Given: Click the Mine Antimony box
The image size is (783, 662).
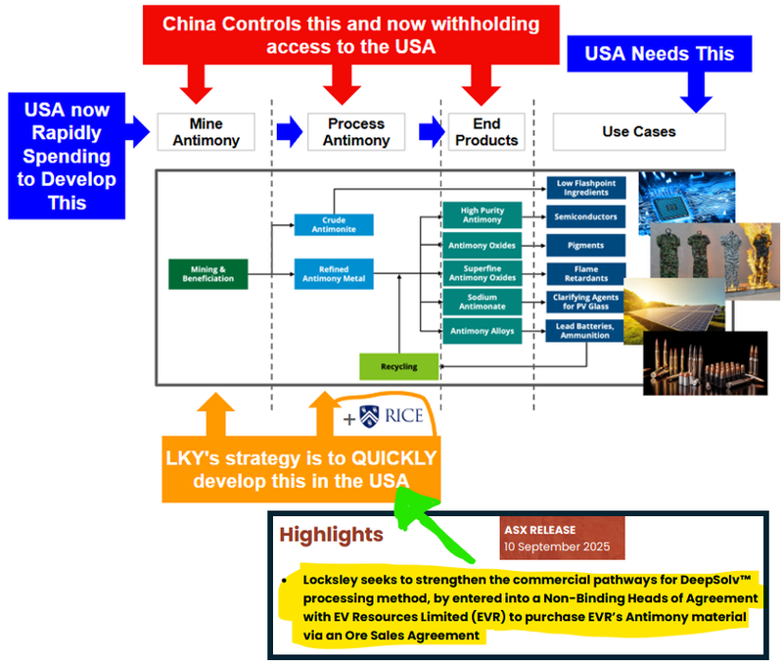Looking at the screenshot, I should pos(206,131).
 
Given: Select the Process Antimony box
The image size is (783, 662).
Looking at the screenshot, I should pos(356,131).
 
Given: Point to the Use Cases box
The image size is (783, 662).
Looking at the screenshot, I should pos(638,131).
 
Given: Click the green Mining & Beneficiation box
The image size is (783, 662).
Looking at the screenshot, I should pos(207,273).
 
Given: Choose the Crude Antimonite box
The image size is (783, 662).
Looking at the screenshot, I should pos(334,224).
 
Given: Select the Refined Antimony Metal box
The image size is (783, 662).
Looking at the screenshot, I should pos(334,273).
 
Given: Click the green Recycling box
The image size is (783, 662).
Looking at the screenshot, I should pos(400,366).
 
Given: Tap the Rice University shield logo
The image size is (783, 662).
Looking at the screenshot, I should pos(369,416).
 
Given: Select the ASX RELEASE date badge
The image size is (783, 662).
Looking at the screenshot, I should pos(562,538).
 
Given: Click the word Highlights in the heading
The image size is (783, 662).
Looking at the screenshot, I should pos(330,535).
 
